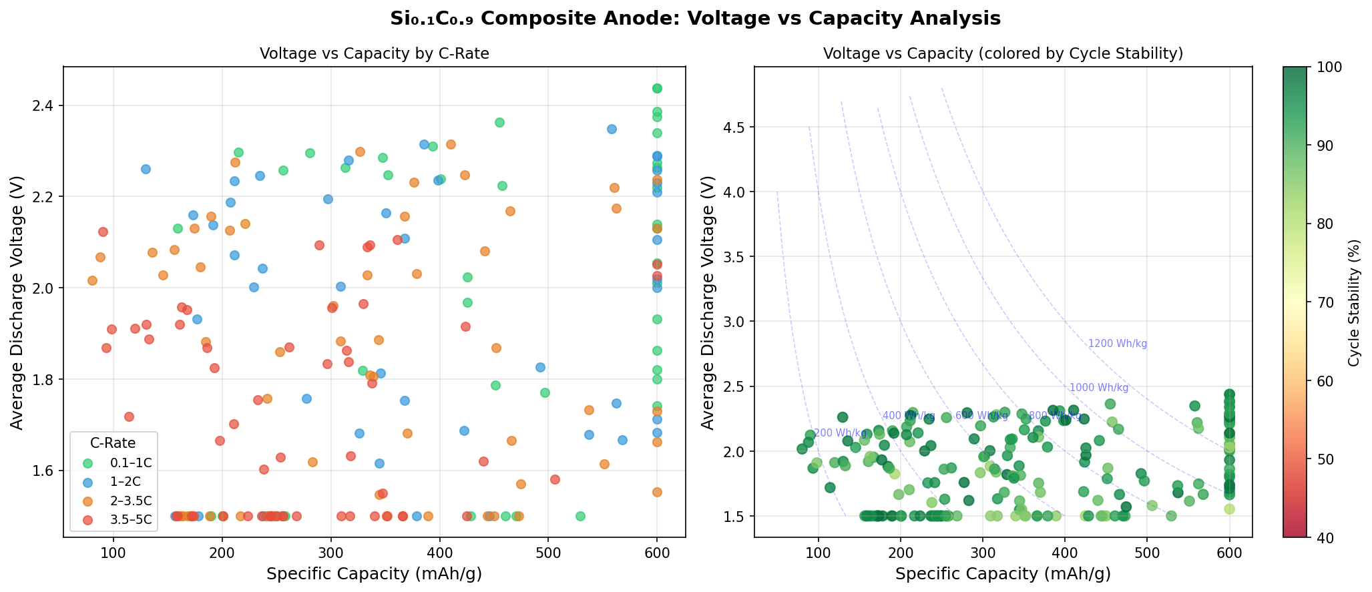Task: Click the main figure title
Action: tap(695, 19)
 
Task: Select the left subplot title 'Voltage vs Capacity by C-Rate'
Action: tap(374, 54)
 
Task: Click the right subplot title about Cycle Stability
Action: tap(1003, 54)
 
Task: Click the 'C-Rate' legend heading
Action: tap(113, 442)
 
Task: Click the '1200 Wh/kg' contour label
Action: tap(1118, 344)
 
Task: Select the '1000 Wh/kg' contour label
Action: tap(1099, 388)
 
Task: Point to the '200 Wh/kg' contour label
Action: tap(840, 433)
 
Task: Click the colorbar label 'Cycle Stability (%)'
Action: tap(1353, 302)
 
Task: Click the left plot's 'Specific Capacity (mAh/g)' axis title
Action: tap(374, 574)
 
